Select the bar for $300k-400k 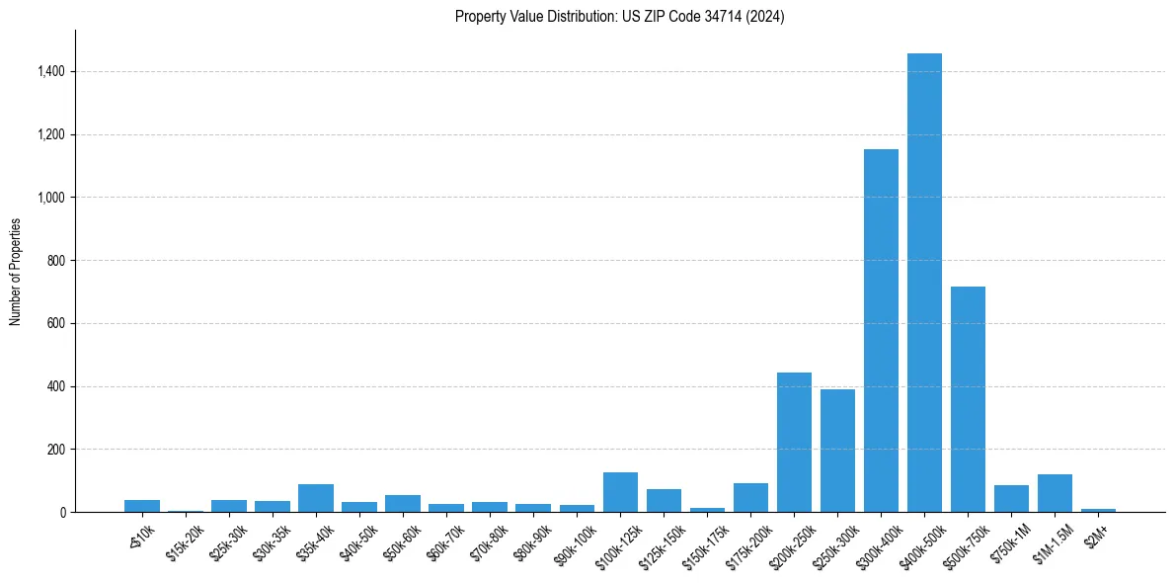pyautogui.click(x=881, y=330)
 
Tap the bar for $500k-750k pyautogui.click(x=968, y=399)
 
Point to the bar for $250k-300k pyautogui.click(x=837, y=451)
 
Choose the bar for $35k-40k pyautogui.click(x=316, y=498)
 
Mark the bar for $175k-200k pyautogui.click(x=750, y=497)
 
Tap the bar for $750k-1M pyautogui.click(x=1011, y=498)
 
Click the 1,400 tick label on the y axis pyautogui.click(x=51, y=72)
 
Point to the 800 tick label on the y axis pyautogui.click(x=56, y=261)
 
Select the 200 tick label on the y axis pyautogui.click(x=56, y=450)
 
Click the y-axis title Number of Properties pyautogui.click(x=16, y=272)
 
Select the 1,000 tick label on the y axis pyautogui.click(x=51, y=198)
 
